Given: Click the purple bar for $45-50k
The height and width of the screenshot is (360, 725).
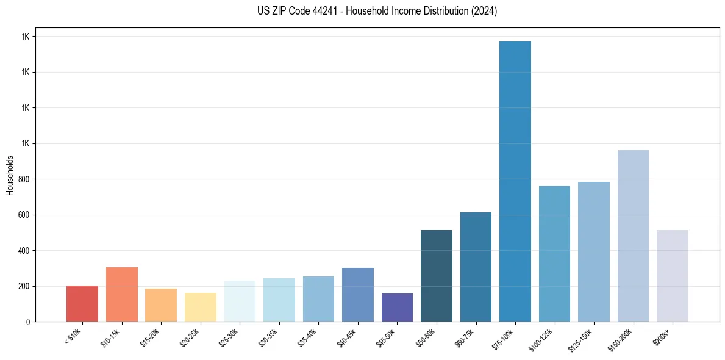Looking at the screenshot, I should [397, 308].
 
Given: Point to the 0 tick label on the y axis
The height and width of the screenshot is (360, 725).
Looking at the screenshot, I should [29, 322].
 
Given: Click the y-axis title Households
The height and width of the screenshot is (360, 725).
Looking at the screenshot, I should [10, 175].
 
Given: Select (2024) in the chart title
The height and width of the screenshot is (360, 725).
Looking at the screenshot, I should [484, 11].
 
